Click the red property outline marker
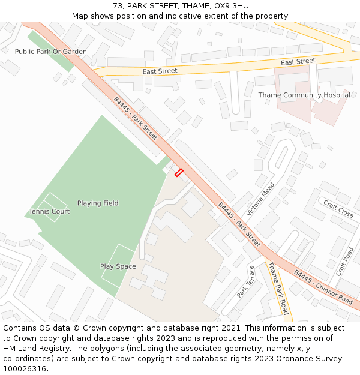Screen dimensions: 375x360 point(178,173)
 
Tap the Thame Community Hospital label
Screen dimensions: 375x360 point(304,95)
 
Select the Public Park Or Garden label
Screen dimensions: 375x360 point(51,52)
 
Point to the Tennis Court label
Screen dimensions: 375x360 point(49,211)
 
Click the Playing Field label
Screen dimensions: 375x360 point(98,203)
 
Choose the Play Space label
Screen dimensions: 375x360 point(118,266)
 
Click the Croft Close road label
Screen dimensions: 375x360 point(338,209)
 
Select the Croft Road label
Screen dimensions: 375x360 point(345,262)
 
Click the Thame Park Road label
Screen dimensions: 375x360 point(278,288)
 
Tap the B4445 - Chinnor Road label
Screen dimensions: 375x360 point(323,287)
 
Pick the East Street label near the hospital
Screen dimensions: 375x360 point(298,61)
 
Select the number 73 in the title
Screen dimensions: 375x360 point(118,6)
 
